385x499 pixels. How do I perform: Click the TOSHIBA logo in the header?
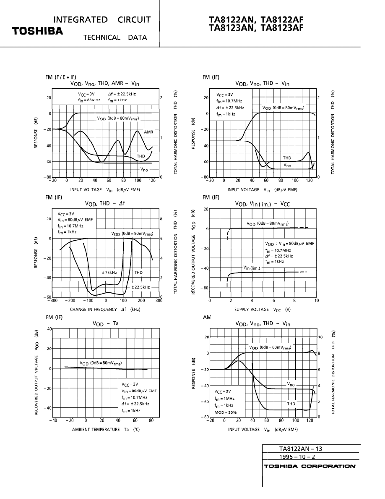tap(37, 31)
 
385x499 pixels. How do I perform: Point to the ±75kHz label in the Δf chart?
tap(109, 273)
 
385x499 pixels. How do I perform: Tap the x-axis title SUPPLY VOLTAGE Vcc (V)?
tap(262, 309)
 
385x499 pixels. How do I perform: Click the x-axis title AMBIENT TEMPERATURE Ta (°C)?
tap(106, 429)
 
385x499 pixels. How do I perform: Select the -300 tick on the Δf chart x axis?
tap(52, 301)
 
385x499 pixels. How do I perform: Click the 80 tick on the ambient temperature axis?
tap(151, 420)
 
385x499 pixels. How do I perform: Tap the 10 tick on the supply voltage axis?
tap(316, 301)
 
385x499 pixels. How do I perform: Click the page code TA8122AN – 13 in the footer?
tap(300, 449)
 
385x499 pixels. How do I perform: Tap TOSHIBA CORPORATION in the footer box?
tap(310, 466)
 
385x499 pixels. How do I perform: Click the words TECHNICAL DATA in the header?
tap(115, 37)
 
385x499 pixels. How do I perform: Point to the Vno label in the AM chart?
tap(291, 384)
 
